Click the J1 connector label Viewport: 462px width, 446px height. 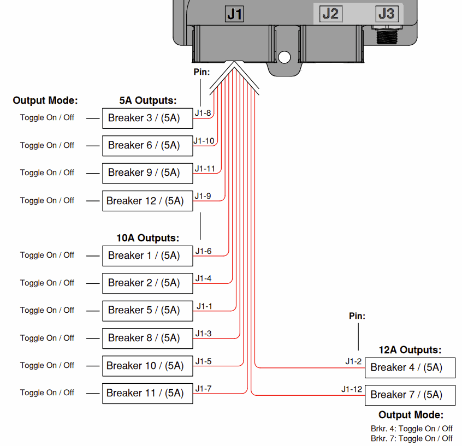234,14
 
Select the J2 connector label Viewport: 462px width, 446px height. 330,14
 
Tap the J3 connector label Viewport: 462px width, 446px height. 387,14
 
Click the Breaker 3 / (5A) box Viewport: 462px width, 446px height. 147,118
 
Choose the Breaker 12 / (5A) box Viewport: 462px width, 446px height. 147,201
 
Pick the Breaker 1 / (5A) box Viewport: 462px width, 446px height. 147,255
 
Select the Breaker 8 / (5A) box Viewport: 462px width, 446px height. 147,338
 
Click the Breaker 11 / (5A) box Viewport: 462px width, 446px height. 147,393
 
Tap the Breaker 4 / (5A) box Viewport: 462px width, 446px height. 410,367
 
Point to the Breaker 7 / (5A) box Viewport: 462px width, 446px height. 410,395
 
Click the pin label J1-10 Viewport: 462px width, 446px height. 204,141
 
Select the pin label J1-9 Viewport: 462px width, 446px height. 203,196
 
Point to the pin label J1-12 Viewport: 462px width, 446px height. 352,389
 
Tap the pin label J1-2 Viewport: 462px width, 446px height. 353,361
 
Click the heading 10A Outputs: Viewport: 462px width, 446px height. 148,237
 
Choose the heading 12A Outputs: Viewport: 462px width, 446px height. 410,350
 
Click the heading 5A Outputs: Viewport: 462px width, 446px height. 148,100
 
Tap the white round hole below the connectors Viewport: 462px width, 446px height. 285,57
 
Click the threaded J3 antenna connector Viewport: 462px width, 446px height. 387,35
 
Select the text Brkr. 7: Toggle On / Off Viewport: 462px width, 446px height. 412,438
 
